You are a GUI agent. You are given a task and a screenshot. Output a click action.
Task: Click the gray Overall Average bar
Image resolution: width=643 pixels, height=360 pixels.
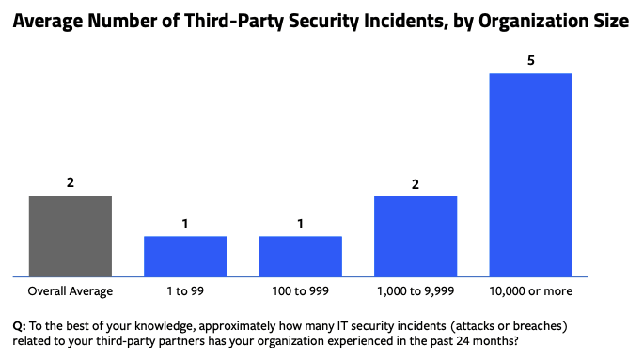pos(71,236)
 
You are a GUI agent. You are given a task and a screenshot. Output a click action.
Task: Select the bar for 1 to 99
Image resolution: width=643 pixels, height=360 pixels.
pos(185,256)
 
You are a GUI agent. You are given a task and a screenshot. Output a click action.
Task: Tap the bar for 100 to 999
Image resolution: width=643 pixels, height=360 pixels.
pos(300,256)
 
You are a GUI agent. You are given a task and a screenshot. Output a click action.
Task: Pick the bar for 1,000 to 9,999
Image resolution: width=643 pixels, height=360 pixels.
pos(416,236)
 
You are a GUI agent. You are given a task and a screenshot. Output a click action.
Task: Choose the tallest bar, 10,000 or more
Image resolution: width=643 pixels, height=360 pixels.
pos(530,175)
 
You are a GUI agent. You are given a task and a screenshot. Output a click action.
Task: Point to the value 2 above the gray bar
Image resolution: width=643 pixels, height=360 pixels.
pos(71,181)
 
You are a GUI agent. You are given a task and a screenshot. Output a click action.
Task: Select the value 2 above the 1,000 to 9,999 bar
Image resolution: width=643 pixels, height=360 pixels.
pos(416,181)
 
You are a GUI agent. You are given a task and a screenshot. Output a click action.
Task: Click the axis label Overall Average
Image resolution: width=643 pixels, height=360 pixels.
pos(71,291)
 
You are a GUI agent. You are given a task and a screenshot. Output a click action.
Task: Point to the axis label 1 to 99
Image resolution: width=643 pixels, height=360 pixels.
pos(185,291)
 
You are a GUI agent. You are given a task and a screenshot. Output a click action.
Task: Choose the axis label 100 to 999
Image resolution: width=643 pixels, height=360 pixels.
pos(300,291)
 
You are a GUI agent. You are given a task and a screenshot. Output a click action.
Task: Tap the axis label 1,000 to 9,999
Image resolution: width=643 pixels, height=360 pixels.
pos(416,291)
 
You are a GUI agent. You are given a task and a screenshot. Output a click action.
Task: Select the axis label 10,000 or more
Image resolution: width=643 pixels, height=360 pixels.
pos(530,291)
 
